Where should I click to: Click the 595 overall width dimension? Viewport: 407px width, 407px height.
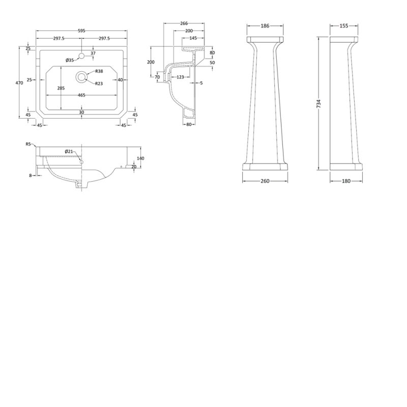click(x=81, y=31)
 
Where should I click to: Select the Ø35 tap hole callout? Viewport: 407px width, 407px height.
click(x=70, y=61)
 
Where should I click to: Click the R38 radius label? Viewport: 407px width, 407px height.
click(x=100, y=71)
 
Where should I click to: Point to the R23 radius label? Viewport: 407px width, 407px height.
click(x=100, y=83)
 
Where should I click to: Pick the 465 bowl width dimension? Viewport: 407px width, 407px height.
click(x=81, y=95)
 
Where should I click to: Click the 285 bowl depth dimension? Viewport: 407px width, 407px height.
click(x=61, y=88)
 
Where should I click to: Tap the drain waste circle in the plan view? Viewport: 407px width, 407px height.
click(x=81, y=77)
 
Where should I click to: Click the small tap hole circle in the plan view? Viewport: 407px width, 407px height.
click(x=81, y=53)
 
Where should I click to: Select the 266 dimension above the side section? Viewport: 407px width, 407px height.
click(x=184, y=23)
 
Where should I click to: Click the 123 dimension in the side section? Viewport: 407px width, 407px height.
click(x=180, y=77)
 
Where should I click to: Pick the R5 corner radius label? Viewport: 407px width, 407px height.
click(x=28, y=144)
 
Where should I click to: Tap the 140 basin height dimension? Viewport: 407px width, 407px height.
click(x=141, y=158)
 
